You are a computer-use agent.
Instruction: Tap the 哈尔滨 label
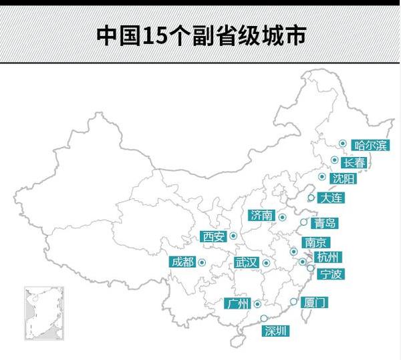[x=371, y=144]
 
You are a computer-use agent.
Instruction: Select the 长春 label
[x=354, y=162]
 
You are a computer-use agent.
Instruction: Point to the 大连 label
[x=331, y=198]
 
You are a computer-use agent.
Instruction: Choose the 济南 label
[x=260, y=215]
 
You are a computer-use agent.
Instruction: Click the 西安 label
[x=214, y=236]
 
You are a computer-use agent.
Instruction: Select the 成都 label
[x=182, y=262]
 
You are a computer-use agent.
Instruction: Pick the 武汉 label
[x=246, y=262]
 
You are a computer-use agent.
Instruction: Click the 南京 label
[x=314, y=242]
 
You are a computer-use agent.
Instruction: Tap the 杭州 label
[x=329, y=257]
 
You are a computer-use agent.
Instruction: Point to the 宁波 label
[x=330, y=273]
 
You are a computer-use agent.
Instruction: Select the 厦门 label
[x=314, y=303]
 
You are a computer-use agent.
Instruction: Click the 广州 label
[x=238, y=305]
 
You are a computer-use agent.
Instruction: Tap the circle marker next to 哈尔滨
[x=342, y=143]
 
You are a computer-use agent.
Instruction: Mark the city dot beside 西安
[x=233, y=236]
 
